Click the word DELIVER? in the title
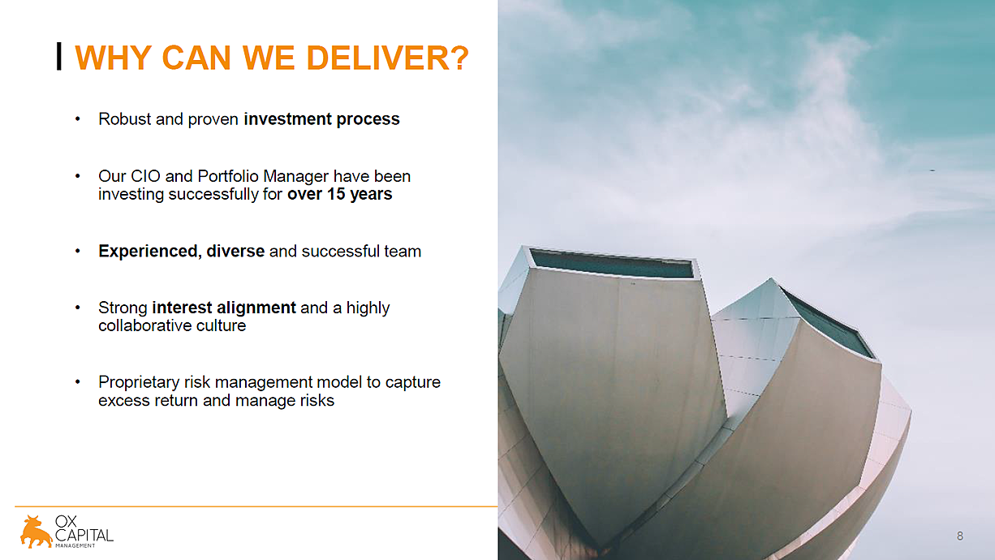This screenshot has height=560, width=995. click(387, 58)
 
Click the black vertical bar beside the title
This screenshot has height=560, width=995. click(58, 56)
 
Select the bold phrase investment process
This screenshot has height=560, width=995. click(321, 119)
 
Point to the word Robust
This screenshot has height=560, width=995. click(125, 119)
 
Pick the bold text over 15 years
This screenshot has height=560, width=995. click(340, 194)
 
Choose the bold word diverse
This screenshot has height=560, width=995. click(235, 252)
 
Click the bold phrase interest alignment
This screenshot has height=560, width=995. click(224, 308)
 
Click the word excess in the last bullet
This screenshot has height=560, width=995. click(124, 401)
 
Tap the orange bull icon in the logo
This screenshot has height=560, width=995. click(36, 532)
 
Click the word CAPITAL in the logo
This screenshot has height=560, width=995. click(84, 535)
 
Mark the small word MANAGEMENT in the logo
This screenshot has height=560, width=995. click(75, 545)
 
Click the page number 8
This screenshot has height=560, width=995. click(960, 536)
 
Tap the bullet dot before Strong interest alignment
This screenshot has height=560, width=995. click(78, 308)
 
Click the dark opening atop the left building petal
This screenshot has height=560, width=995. click(612, 263)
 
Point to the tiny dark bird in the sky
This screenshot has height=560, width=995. click(933, 170)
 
